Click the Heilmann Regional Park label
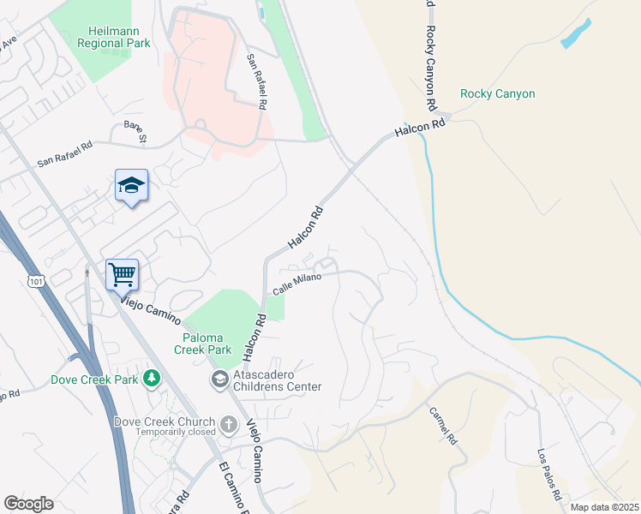click(x=113, y=36)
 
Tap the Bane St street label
click(x=136, y=131)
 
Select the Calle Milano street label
click(x=297, y=284)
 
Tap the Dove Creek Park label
click(x=95, y=378)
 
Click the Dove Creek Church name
click(x=165, y=421)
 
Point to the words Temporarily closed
click(x=176, y=433)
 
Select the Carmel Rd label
click(x=445, y=425)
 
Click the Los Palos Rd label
click(x=548, y=474)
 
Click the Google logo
click(x=28, y=503)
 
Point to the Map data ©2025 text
click(x=604, y=507)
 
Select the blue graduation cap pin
click(x=131, y=185)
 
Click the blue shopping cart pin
click(x=122, y=275)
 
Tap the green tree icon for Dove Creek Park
click(x=152, y=378)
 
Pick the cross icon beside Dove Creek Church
click(x=228, y=423)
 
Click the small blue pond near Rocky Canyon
click(x=576, y=34)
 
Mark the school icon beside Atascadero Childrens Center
click(x=219, y=378)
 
